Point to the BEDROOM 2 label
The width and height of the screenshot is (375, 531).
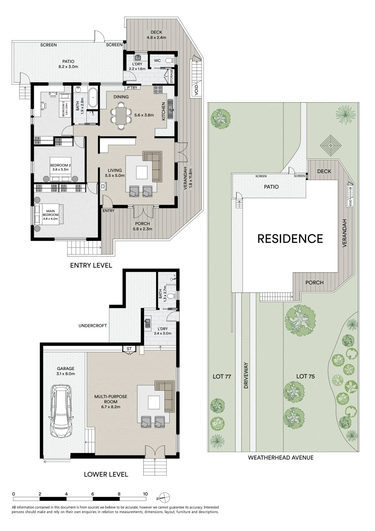tap(61, 167)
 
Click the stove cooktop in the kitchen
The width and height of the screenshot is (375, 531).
tap(158, 89)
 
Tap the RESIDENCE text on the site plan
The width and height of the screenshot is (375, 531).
tap(290, 239)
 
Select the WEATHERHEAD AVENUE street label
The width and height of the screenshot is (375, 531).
tap(281, 457)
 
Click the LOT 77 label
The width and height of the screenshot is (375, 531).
tap(222, 376)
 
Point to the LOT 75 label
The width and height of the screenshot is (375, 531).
tap(305, 376)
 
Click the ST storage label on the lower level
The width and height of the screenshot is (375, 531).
tap(129, 349)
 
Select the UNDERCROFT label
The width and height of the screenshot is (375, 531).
tap(93, 326)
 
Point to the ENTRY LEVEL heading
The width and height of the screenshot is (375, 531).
tap(91, 265)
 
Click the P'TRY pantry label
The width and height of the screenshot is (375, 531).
tap(132, 88)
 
